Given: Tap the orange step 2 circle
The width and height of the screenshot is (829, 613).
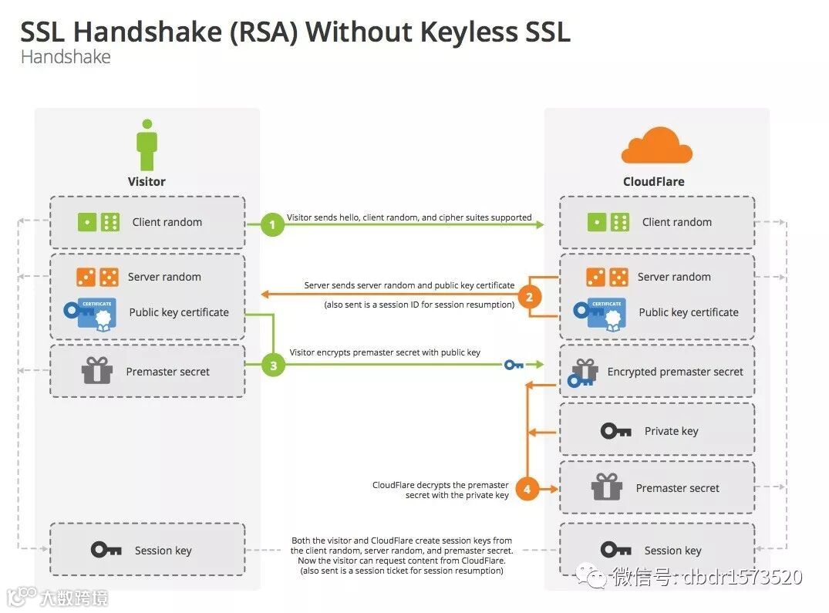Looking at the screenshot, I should pyautogui.click(x=528, y=297).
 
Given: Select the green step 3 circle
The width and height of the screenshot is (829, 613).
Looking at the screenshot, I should pyautogui.click(x=273, y=365).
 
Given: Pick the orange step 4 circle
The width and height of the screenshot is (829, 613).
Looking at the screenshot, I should pyautogui.click(x=527, y=489).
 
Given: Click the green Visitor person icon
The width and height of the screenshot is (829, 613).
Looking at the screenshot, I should pyautogui.click(x=147, y=146).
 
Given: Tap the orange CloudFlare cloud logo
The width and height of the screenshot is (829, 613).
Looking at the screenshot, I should pyautogui.click(x=656, y=147).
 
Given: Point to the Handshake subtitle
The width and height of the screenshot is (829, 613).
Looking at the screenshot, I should pyautogui.click(x=66, y=57).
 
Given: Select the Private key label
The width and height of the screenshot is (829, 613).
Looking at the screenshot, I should pyautogui.click(x=671, y=431).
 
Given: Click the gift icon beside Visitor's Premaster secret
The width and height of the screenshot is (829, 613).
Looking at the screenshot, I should pyautogui.click(x=97, y=371).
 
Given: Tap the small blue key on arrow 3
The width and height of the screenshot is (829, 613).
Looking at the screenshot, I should pyautogui.click(x=514, y=365).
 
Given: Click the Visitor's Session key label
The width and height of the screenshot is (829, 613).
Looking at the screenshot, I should pyautogui.click(x=163, y=551).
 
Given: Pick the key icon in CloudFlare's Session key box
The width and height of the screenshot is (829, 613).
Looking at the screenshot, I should pyautogui.click(x=615, y=550).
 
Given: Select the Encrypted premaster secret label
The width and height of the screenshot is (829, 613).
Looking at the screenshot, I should pyautogui.click(x=675, y=372).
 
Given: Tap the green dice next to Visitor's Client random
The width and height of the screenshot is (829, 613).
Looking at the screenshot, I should pyautogui.click(x=98, y=222).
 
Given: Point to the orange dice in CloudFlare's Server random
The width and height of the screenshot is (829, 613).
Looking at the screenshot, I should pyautogui.click(x=606, y=277).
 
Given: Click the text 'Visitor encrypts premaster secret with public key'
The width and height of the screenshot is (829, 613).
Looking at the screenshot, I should pyautogui.click(x=385, y=352).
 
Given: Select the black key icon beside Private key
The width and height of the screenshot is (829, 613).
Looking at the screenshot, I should pyautogui.click(x=615, y=431).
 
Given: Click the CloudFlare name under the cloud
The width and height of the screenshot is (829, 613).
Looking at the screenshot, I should pyautogui.click(x=653, y=182).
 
